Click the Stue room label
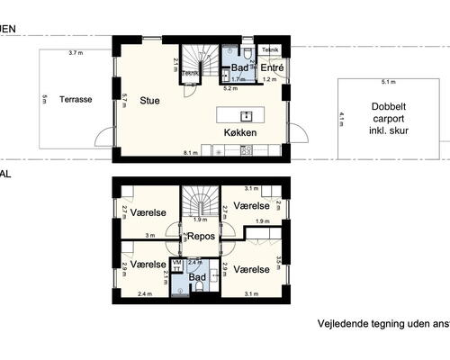149,101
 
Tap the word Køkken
241,132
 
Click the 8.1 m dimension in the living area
190,153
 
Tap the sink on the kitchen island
245,115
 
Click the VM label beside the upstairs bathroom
176,263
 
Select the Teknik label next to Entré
270,49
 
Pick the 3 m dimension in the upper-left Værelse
150,236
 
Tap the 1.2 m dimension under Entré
267,80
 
